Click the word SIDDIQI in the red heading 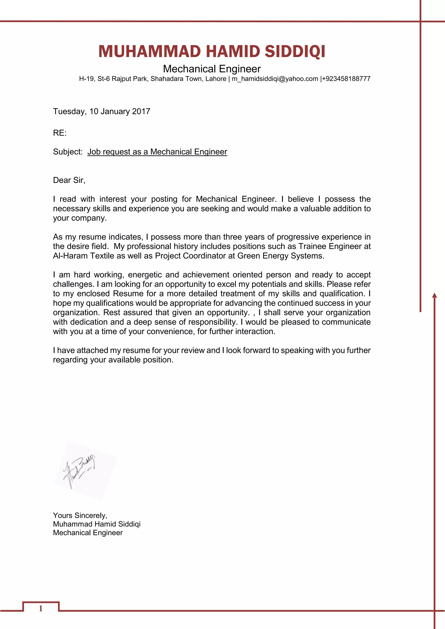click(295, 52)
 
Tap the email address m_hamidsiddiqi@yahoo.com click(275, 79)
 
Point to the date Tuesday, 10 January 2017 click(101, 111)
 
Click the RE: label click(60, 133)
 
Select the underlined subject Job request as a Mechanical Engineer click(157, 152)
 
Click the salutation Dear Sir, click(69, 180)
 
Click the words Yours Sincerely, click(80, 516)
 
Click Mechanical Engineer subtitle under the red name click(212, 69)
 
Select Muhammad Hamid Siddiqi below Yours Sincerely click(96, 524)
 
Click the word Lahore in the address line click(216, 79)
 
